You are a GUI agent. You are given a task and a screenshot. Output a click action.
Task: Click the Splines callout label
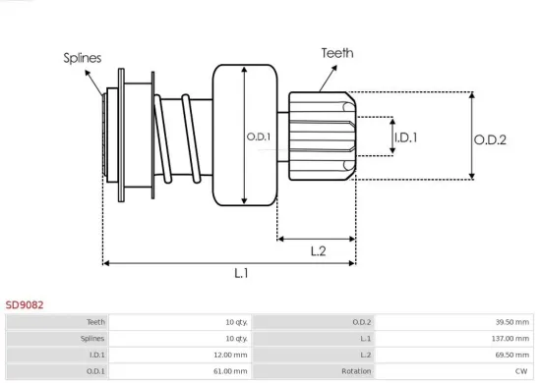tap(83, 58)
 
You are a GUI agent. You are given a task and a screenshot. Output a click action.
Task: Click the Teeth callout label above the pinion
tap(336, 53)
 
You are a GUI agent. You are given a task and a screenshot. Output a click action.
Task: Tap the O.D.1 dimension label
tap(260, 137)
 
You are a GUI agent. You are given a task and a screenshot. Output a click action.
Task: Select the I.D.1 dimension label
tap(405, 137)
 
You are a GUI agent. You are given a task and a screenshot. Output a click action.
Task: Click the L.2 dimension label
tap(317, 251)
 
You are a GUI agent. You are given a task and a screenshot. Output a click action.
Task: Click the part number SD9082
tap(25, 305)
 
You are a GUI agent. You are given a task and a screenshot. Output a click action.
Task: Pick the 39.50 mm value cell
tap(512, 321)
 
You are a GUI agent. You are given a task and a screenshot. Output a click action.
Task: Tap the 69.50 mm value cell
tap(512, 355)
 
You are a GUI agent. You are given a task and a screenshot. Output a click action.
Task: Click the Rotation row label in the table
tap(356, 371)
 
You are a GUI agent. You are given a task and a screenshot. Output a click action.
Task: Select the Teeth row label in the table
tap(96, 321)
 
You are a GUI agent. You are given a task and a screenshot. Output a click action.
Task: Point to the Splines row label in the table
tap(93, 338)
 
